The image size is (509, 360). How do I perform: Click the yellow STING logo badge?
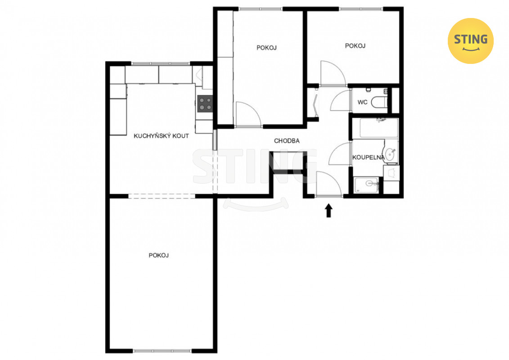(x=470, y=41)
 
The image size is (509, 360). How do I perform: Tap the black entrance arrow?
(x=329, y=210)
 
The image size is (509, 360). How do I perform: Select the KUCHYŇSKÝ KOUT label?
(x=161, y=136)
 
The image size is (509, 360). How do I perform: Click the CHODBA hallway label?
(x=287, y=141)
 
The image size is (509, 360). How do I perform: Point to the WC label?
(x=362, y=102)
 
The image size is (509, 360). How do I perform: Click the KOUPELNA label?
(x=369, y=157)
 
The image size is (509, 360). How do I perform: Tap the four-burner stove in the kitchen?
(x=205, y=103)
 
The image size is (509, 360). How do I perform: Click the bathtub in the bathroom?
(x=379, y=128)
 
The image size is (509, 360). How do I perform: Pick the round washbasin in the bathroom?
(x=390, y=154)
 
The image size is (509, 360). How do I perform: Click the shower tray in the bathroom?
(x=367, y=185)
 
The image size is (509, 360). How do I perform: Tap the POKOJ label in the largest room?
(x=158, y=256)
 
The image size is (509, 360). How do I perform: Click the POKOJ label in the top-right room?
(x=355, y=46)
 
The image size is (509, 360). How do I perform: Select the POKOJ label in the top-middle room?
(x=266, y=48)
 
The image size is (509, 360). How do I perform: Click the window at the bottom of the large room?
(x=162, y=351)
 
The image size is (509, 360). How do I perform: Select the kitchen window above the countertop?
(x=160, y=63)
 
